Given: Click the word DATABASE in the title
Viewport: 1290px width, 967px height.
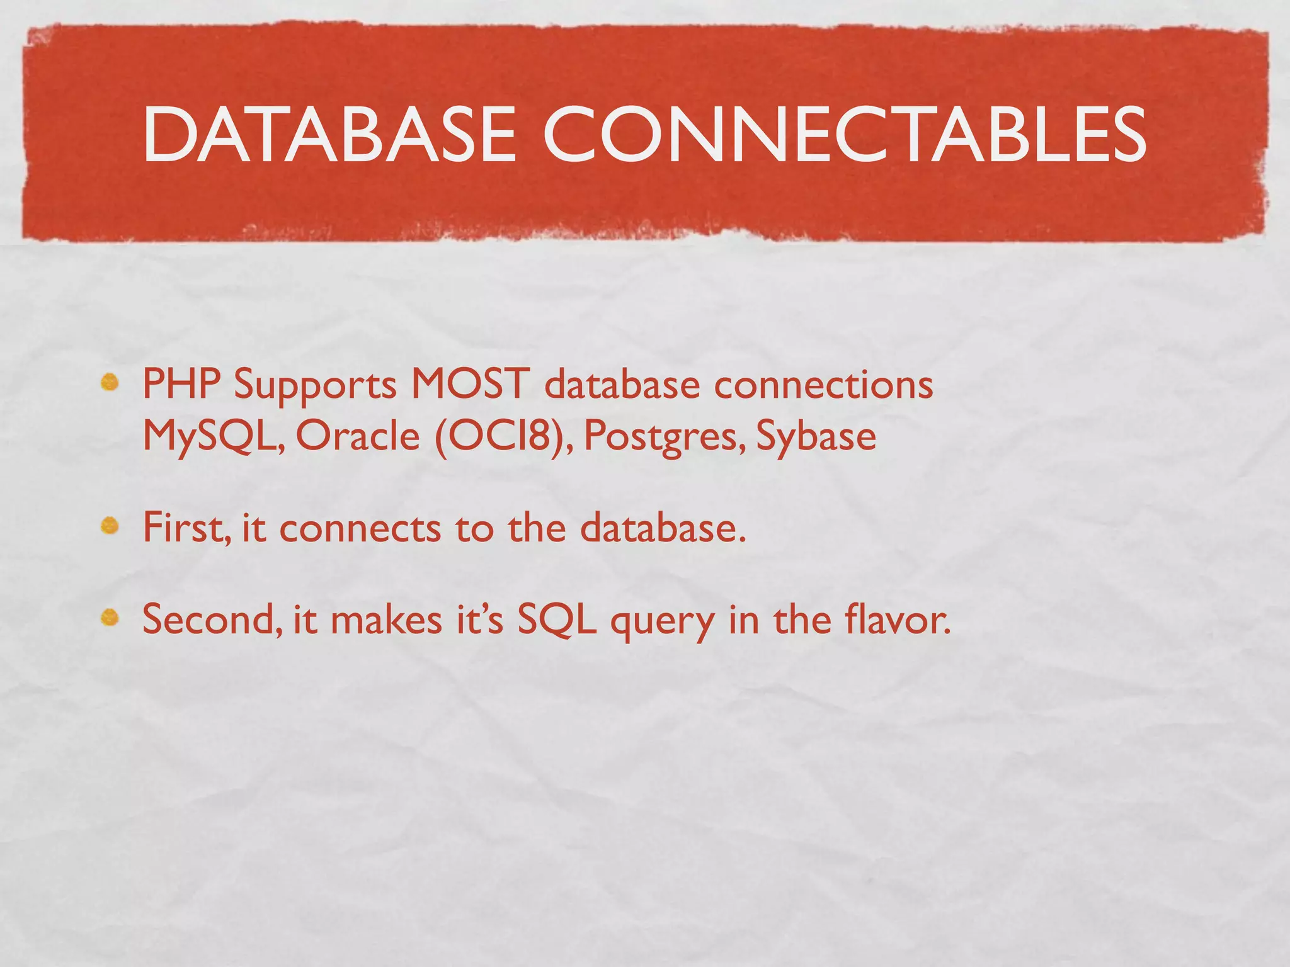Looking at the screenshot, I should pos(329,134).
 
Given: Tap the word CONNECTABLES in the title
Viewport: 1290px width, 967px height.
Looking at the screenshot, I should pos(844,134).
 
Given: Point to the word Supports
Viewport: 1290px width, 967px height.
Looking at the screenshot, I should pos(315,385).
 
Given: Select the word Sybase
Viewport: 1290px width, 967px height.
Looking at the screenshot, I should pos(816,436).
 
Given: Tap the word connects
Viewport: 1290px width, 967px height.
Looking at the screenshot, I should pos(360,528).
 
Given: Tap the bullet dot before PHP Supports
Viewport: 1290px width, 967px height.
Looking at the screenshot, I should pos(110,382).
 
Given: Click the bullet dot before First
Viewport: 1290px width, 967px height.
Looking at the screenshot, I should pos(110,525).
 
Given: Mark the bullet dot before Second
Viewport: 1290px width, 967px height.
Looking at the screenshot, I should pos(110,618).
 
